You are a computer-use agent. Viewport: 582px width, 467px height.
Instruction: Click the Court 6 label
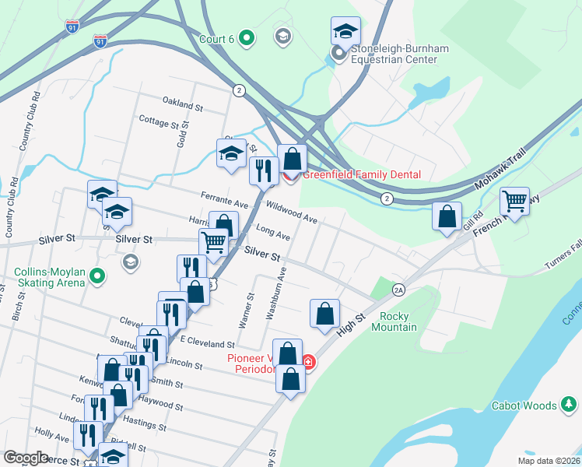point(212,37)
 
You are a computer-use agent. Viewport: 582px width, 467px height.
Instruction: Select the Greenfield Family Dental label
point(361,175)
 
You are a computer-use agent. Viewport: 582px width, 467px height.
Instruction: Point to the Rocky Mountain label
point(398,321)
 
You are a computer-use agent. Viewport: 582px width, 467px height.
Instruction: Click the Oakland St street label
point(182,102)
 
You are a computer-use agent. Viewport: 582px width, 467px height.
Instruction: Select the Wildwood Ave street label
point(292,212)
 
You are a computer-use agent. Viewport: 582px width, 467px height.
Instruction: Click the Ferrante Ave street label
point(223,200)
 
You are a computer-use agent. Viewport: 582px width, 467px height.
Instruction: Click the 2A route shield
point(399,290)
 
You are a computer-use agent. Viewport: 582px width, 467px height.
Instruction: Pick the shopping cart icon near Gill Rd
point(514,202)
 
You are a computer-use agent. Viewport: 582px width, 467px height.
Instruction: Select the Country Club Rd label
point(30,121)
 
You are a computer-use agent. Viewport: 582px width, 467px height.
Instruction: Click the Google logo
point(26,458)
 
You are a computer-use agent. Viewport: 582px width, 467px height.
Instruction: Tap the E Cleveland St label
point(207,343)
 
